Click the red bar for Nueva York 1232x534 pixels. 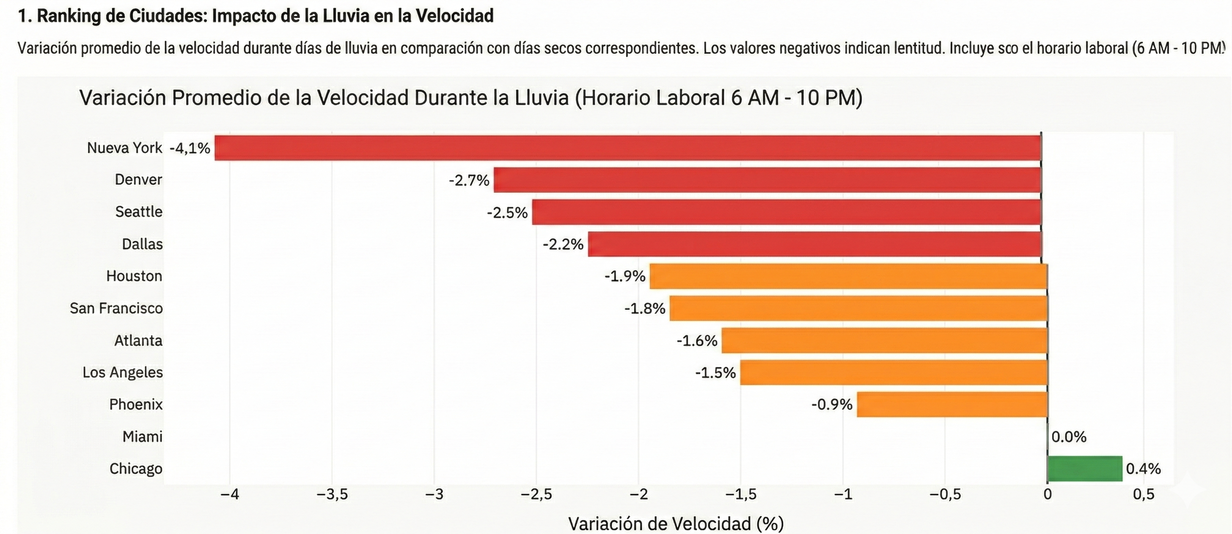(x=628, y=148)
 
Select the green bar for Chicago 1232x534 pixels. (x=1085, y=468)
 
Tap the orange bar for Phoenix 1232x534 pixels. (x=952, y=404)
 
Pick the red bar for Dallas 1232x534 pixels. (x=814, y=244)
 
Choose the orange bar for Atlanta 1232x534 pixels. (x=884, y=341)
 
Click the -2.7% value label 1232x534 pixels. (x=469, y=180)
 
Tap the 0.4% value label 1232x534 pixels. (x=1143, y=468)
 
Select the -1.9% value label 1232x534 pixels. (x=625, y=276)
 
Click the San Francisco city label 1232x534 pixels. (x=116, y=308)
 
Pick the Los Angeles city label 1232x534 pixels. (x=122, y=372)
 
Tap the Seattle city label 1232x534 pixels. (x=139, y=212)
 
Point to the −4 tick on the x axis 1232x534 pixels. (x=230, y=494)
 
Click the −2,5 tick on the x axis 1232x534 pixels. (x=536, y=494)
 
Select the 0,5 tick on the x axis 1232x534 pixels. (x=1143, y=494)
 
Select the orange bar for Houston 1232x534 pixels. (x=848, y=276)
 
